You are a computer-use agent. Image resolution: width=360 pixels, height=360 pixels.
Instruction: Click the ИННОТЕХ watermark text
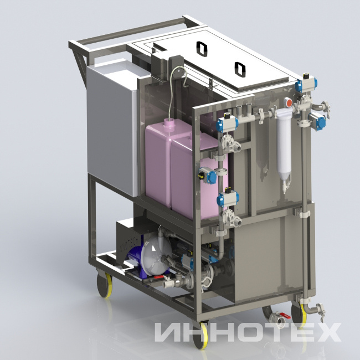tap(248, 332)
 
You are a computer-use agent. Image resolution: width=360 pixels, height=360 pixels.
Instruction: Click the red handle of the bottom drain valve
tap(285, 316)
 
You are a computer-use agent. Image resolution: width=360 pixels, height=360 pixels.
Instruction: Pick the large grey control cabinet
tap(112, 128)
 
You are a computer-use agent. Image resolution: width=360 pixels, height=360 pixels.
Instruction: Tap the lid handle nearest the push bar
tap(202, 49)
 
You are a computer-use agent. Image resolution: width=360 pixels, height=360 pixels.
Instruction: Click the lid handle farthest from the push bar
tap(240, 69)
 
